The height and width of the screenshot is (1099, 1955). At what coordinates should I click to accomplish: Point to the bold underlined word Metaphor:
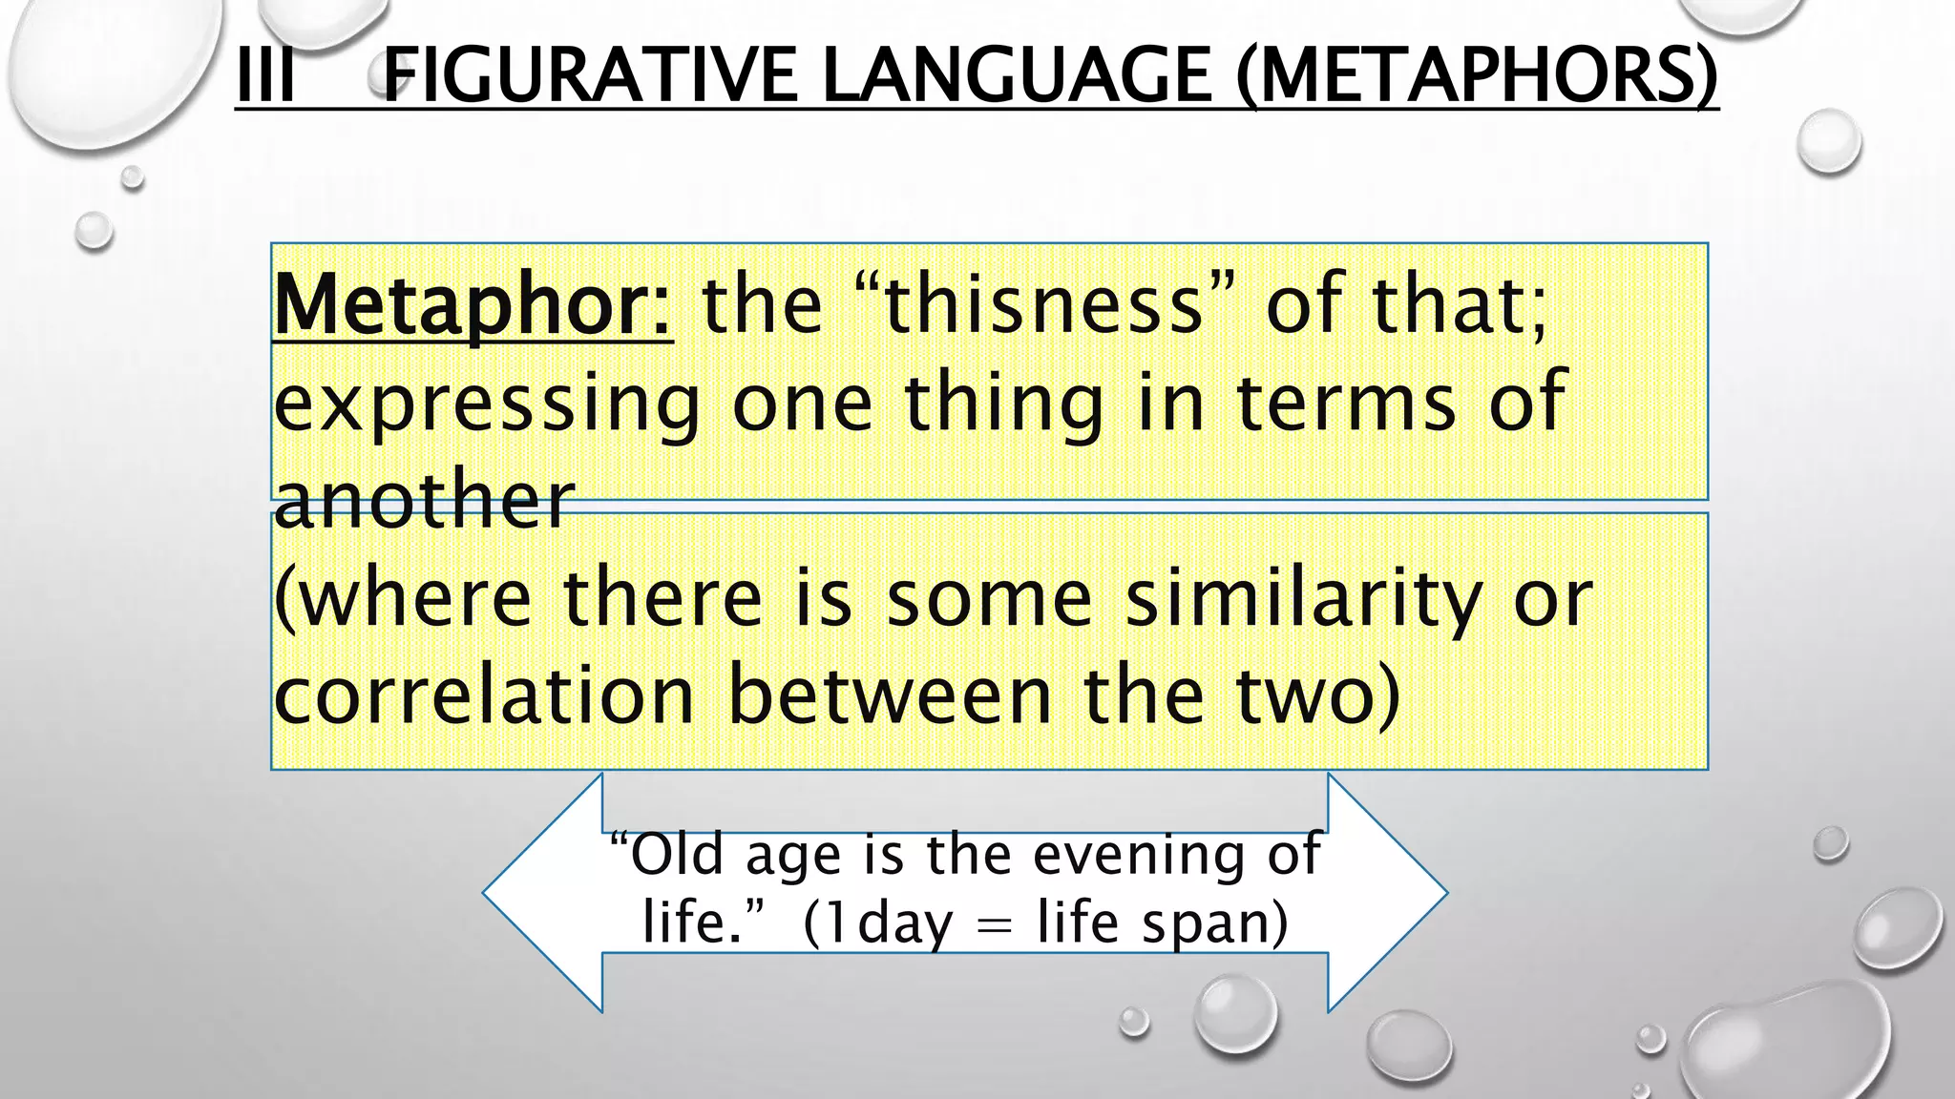pyautogui.click(x=473, y=305)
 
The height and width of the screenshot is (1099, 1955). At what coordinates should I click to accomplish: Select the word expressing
pyautogui.click(x=487, y=404)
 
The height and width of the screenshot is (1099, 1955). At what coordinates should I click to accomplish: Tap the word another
pyautogui.click(x=424, y=500)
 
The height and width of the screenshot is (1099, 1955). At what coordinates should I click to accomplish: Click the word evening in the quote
pyautogui.click(x=1139, y=855)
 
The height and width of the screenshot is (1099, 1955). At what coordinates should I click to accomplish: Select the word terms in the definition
pyautogui.click(x=1347, y=403)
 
